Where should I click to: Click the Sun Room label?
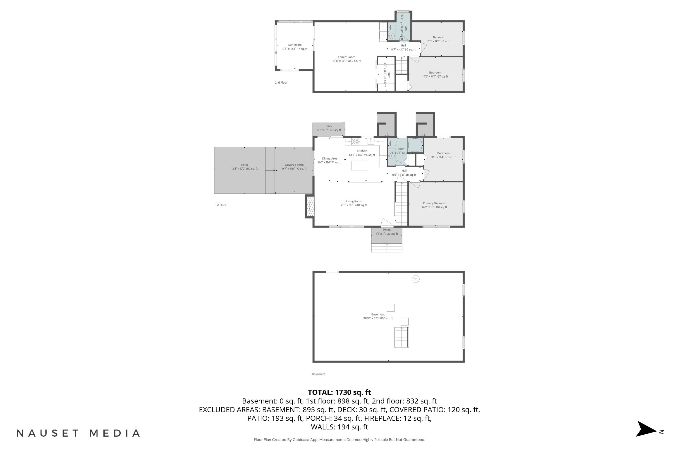click(295, 45)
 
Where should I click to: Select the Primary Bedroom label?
click(434, 203)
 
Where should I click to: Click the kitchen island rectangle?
click(359, 165)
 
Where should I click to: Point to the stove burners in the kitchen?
click(355, 141)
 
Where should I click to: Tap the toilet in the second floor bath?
click(393, 28)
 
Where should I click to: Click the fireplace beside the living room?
click(310, 206)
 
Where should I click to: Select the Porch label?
click(387, 230)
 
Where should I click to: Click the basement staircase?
click(402, 337)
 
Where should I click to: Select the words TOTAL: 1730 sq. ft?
click(339, 392)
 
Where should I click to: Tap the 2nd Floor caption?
click(281, 83)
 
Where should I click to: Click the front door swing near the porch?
click(387, 223)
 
